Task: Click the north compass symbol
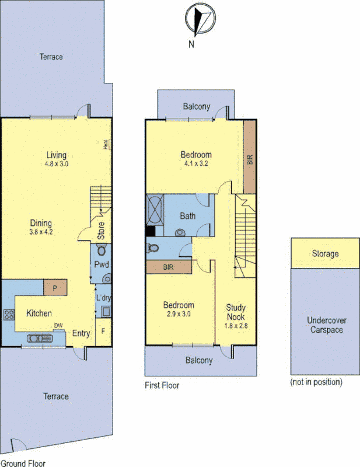coord(200,19)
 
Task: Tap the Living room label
coord(57,159)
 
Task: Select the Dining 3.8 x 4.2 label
coord(41,227)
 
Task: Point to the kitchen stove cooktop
coord(9,315)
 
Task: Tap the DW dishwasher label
coord(58,326)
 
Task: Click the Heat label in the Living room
coord(107,145)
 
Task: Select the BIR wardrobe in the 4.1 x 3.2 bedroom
coord(250,158)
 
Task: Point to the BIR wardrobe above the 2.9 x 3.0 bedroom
coord(169,267)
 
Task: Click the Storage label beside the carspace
coord(324,254)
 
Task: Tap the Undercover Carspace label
coord(324,325)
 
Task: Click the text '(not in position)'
coord(316,382)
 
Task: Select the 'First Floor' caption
coord(162,385)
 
